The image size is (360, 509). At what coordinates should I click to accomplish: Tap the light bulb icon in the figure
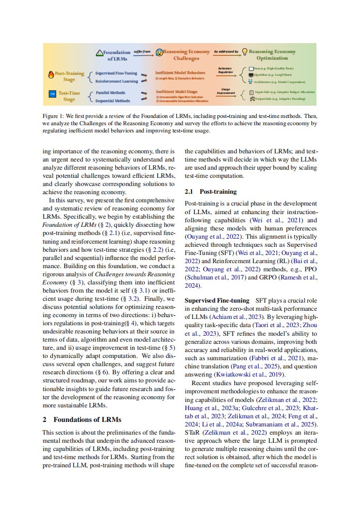[244, 52]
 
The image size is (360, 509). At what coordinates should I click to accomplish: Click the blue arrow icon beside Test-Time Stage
[52, 94]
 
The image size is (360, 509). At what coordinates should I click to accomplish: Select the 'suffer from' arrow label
[142, 52]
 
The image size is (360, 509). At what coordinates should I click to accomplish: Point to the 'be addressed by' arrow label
[226, 52]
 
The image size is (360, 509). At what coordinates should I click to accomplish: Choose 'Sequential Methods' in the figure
[113, 101]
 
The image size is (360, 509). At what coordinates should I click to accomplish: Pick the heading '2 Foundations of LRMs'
[82, 419]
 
